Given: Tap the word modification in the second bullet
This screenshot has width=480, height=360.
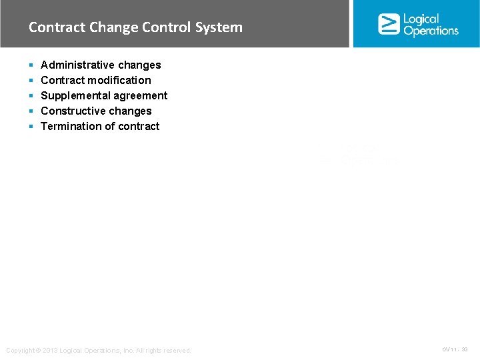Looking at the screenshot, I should click(119, 80).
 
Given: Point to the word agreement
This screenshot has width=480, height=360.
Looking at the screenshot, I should click(139, 95).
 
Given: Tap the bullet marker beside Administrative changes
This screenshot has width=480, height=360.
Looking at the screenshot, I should click(31, 65).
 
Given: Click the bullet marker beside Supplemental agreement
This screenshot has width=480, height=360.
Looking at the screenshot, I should click(31, 96).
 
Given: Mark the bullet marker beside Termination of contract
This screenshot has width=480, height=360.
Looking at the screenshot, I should click(31, 127).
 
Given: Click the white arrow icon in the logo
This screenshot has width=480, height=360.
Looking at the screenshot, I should click(388, 24).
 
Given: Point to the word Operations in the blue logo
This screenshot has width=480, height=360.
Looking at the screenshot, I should click(431, 31).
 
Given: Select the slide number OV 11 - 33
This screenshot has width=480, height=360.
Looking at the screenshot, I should click(455, 349).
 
